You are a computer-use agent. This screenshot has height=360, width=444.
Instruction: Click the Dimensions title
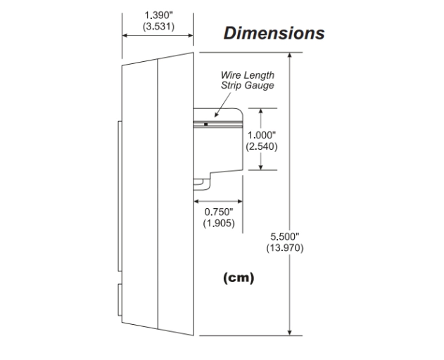coord(274,33)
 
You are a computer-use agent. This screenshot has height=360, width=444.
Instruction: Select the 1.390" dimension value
coord(158,15)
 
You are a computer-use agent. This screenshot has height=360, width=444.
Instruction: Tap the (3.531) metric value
coord(158,26)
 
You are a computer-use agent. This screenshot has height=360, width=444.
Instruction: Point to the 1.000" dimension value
coord(262,136)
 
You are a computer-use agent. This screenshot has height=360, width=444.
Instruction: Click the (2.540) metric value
coord(262,147)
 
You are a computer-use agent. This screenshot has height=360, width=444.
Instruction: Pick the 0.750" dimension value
coord(218,212)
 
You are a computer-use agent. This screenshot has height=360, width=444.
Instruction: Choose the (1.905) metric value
coord(218,223)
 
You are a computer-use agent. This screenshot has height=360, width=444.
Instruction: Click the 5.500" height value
coord(285,237)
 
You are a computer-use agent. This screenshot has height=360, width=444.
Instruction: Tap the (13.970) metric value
coord(285,248)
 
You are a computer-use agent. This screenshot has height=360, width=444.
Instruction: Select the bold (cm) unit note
coord(239,278)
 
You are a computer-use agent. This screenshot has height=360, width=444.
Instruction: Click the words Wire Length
coord(247,75)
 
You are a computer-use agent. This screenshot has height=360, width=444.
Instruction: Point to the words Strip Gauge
coord(247,85)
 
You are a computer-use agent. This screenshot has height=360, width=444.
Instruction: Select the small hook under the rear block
coord(201,184)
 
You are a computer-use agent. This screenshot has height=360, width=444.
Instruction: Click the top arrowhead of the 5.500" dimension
coord(291,56)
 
